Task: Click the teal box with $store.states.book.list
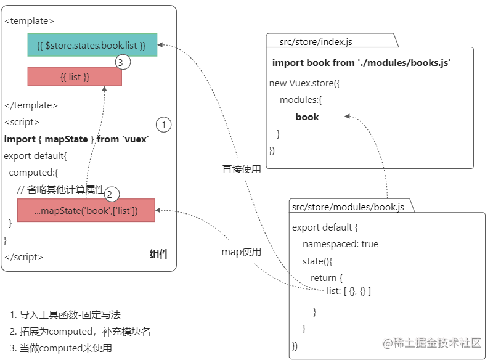(92, 45)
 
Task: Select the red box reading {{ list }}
(75, 76)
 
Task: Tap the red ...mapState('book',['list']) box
(86, 211)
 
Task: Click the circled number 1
(163, 125)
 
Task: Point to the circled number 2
(112, 194)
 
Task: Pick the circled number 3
(123, 62)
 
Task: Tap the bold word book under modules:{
(307, 117)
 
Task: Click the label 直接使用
(242, 169)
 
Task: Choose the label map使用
(242, 252)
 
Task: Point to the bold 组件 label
(159, 254)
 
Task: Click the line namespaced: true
(340, 244)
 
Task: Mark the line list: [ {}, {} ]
(349, 290)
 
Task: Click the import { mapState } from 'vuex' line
(76, 139)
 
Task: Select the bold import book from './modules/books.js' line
(361, 63)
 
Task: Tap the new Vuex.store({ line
(304, 83)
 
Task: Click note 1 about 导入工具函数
(65, 315)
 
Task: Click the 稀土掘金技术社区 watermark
(432, 343)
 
